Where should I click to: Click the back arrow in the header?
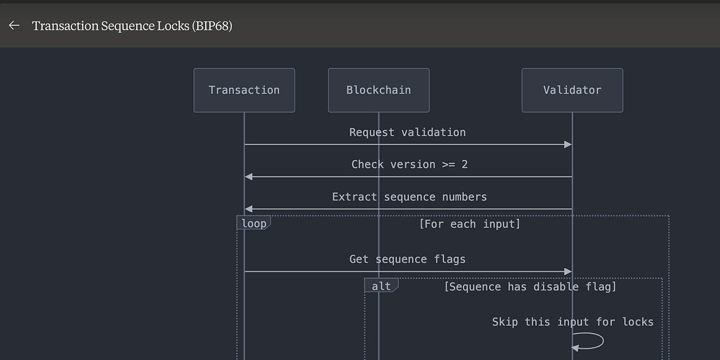pos(14,26)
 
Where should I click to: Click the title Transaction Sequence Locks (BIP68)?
pos(132,26)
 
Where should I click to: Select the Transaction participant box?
pos(244,90)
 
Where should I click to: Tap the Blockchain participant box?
pos(379,90)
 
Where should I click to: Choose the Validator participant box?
pos(572,90)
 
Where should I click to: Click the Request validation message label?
pos(407,132)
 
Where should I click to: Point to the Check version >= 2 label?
pos(409,164)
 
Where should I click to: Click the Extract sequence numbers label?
pos(409,197)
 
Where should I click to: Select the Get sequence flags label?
pos(407,259)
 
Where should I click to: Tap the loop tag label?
pos(253,224)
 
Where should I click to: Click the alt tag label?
pos(381,286)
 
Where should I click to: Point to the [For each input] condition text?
pos(469,224)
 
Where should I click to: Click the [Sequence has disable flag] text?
pos(530,287)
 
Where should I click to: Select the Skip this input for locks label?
pos(572,322)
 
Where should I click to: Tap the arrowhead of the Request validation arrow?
pos(568,145)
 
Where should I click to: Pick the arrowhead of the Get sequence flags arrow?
pos(568,272)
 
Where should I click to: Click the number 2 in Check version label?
pos(464,164)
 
